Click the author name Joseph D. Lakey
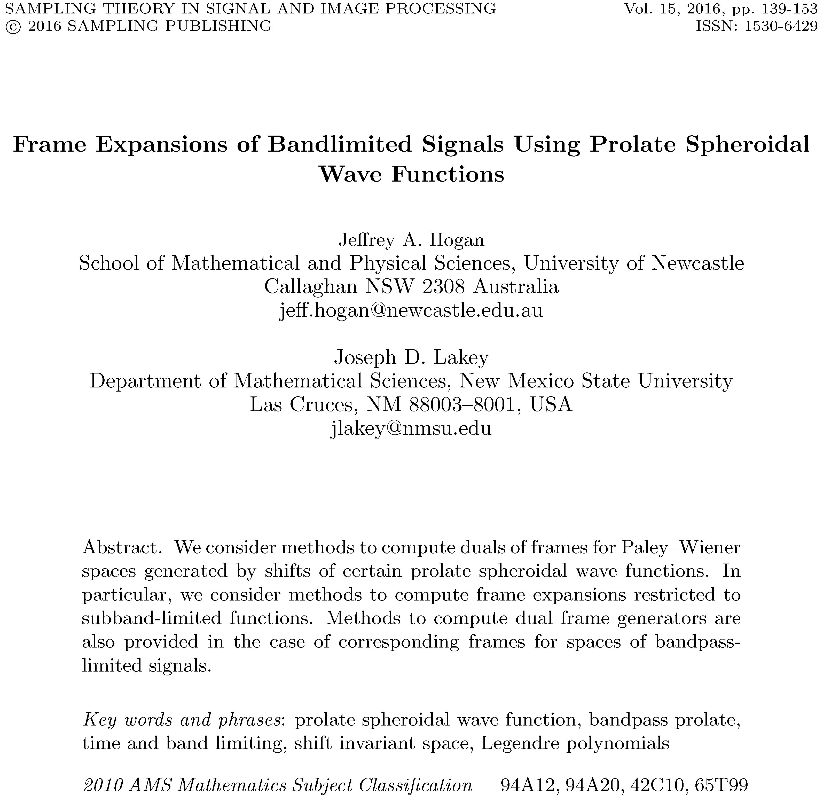(411, 357)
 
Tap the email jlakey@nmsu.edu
(411, 428)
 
